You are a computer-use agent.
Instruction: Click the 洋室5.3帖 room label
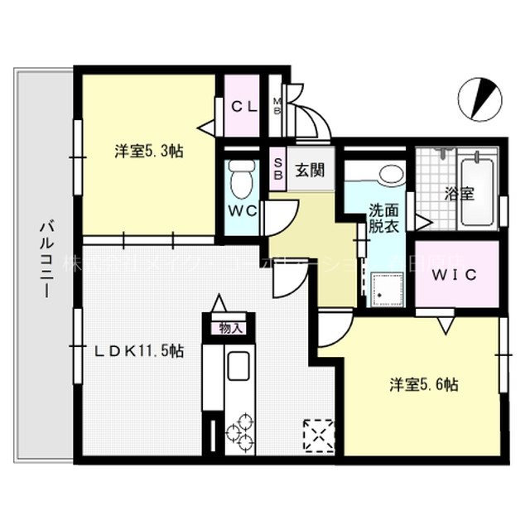pyautogui.click(x=148, y=152)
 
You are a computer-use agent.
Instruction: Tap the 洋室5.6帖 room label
pyautogui.click(x=425, y=384)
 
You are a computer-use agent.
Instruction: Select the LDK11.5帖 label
pyautogui.click(x=137, y=350)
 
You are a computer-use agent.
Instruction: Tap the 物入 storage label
pyautogui.click(x=231, y=328)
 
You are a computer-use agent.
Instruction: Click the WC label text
pyautogui.click(x=242, y=210)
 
